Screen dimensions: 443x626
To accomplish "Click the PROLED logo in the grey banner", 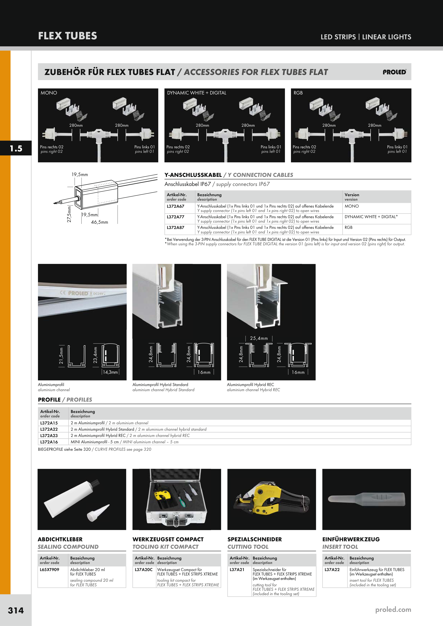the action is tap(394, 72).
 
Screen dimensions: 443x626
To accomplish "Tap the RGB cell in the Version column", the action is tap(349, 227).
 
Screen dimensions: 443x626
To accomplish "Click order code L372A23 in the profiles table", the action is tap(49, 435).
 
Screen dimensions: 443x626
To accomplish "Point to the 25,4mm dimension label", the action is tap(259, 338).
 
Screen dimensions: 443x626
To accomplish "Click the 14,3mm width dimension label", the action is tap(110, 372).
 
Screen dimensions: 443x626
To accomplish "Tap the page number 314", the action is tap(16, 610).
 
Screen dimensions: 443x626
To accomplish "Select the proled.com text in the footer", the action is tap(393, 610).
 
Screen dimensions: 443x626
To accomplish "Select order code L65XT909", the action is tap(49, 570).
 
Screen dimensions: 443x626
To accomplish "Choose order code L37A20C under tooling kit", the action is tap(144, 570).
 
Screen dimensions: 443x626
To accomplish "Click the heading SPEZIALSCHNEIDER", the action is tap(255, 539).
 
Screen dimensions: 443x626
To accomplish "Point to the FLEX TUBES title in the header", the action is tap(68, 36).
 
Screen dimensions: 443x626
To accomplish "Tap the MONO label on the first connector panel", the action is tap(49, 93).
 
